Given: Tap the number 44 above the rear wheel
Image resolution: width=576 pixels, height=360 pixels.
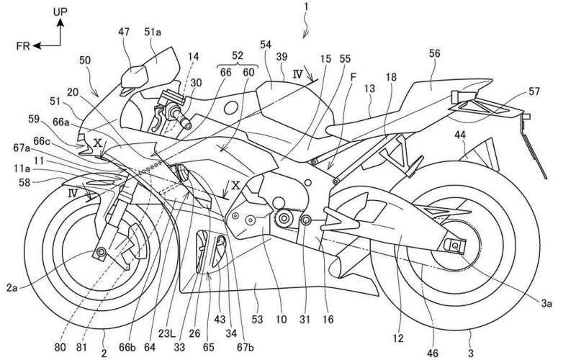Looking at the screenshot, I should tap(461, 135).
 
